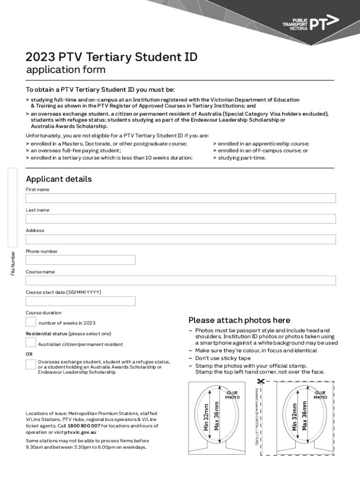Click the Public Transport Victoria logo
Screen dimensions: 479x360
(310, 23)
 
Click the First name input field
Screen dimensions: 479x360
(180, 198)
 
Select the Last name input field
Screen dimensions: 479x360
(180, 219)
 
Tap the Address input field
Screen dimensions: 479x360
(180, 239)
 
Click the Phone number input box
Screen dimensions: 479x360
(80, 260)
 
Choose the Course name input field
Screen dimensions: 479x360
(180, 281)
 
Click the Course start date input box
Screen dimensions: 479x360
(80, 301)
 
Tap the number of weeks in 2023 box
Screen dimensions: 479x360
(31, 322)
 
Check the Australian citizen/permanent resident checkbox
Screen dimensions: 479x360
(31, 343)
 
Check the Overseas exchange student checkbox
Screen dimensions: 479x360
(31, 364)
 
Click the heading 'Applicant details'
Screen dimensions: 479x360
(59, 179)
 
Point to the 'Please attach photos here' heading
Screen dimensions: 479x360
(239, 320)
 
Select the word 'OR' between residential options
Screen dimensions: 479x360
(29, 354)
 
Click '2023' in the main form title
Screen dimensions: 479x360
(40, 58)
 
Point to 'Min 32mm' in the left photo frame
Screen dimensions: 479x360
(206, 413)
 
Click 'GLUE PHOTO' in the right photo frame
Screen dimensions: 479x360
(320, 395)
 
